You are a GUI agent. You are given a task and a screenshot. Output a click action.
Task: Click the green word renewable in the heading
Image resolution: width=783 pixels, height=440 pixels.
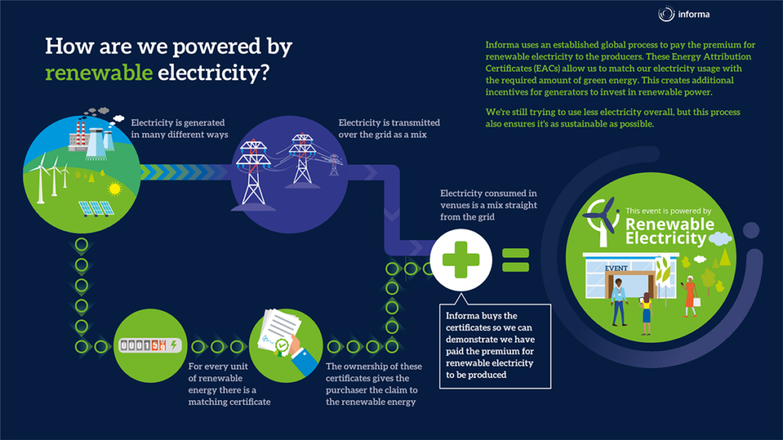(97, 73)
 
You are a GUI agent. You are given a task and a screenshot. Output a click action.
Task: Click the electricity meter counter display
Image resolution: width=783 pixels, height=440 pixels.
(146, 346)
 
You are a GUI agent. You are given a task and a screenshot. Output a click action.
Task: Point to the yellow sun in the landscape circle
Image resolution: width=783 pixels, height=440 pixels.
(115, 188)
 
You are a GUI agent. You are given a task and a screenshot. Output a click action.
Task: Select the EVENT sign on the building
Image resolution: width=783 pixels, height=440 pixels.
(616, 268)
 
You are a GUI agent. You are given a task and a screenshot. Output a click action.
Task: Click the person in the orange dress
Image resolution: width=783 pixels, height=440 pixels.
(690, 293)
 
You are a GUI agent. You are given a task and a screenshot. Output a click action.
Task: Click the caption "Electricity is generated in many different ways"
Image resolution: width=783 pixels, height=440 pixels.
(179, 128)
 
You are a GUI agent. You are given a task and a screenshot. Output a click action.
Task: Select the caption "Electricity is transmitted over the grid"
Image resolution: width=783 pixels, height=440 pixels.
(388, 128)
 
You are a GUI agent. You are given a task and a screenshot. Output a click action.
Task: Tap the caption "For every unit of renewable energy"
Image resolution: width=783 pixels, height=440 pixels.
(229, 383)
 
